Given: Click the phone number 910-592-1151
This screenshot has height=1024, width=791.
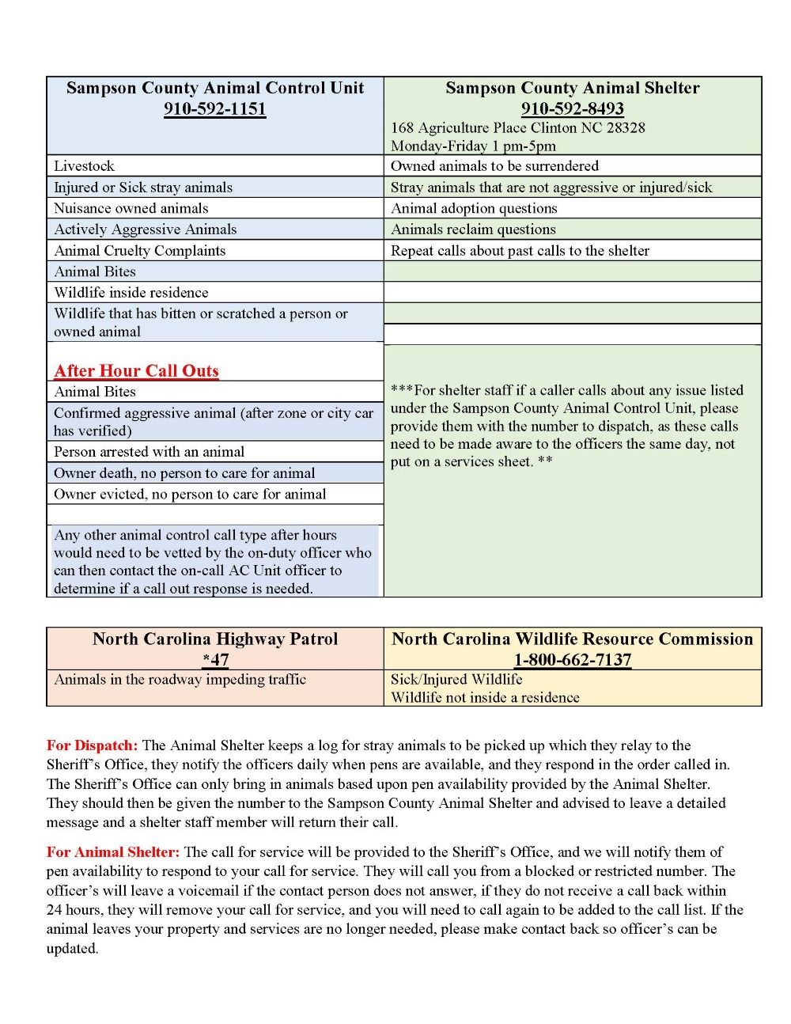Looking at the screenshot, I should point(214,109).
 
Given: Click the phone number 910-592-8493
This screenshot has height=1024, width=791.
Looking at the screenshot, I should point(572,109).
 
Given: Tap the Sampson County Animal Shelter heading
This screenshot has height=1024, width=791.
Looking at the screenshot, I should point(572,88).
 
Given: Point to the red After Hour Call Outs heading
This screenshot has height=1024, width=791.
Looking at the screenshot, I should point(136,371).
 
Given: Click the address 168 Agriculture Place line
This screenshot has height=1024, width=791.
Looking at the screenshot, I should point(517,127).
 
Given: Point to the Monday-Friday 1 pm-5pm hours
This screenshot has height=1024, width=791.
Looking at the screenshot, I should point(473,146).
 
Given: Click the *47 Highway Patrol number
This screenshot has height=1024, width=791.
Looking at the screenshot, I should point(215,660).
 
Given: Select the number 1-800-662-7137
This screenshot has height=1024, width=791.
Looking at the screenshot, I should point(572,660).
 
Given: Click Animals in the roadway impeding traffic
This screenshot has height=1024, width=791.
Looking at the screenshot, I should point(180,679).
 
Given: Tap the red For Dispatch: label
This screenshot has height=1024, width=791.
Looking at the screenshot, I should point(92,745).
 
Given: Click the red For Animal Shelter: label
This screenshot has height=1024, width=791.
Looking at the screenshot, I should point(113,852).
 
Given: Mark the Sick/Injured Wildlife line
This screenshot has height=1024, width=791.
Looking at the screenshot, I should point(456,679).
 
